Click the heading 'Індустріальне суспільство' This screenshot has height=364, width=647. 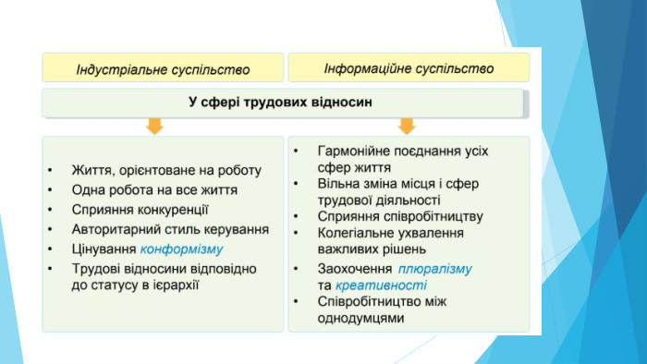tap(163, 69)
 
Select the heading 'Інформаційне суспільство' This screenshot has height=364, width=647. tap(409, 68)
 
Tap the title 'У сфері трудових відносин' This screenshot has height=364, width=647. tap(281, 102)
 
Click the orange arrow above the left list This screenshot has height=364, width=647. tap(154, 126)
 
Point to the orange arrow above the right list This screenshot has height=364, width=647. tap(407, 126)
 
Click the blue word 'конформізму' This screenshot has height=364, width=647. tap(181, 249)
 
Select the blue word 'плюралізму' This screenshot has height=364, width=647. tap(435, 269)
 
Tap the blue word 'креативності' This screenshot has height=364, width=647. tap(381, 285)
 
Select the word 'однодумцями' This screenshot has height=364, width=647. tap(360, 318)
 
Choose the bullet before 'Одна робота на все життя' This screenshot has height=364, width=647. tap(50, 190)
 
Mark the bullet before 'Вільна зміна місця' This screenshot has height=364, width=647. tap(296, 184)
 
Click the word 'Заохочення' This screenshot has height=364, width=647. tap(355, 269)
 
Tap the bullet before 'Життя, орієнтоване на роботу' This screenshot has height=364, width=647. tap(50, 170)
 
